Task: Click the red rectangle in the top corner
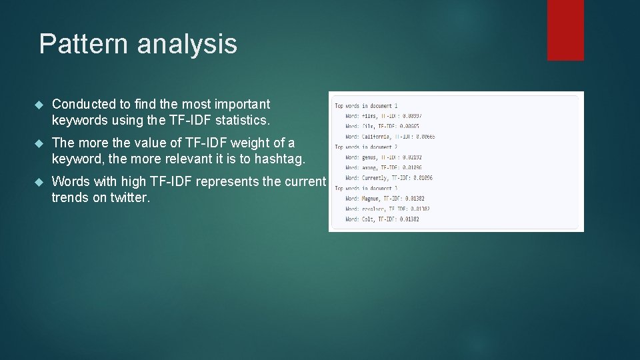pyautogui.click(x=565, y=30)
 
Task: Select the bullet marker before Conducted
pyautogui.click(x=38, y=105)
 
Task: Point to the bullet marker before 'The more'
pyautogui.click(x=38, y=143)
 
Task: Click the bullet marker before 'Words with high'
pyautogui.click(x=38, y=182)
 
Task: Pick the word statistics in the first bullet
pyautogui.click(x=239, y=121)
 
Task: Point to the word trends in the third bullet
pyautogui.click(x=71, y=198)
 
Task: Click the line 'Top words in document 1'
pyautogui.click(x=366, y=106)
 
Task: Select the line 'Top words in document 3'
pyautogui.click(x=366, y=188)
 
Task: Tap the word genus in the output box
pyautogui.click(x=369, y=157)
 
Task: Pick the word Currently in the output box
pyautogui.click(x=374, y=178)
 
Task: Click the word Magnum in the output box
pyautogui.click(x=371, y=199)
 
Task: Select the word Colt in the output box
pyautogui.click(x=367, y=219)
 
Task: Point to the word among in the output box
pyautogui.click(x=369, y=168)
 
